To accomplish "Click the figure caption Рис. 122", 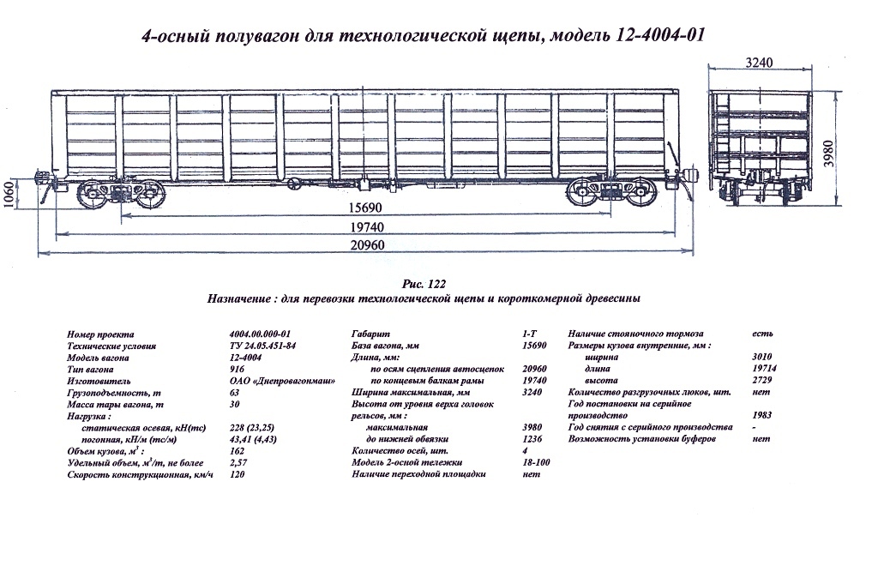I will pos(424,284).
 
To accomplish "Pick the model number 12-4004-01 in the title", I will pos(660,37).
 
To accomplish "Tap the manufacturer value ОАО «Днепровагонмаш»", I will pos(282,380).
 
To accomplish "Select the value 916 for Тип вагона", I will pos(238,368).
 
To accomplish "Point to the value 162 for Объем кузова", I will pos(238,450).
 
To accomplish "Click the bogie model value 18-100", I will pos(536,462).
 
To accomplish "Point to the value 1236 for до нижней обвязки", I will pos(532,438).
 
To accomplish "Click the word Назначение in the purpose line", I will pos(238,299).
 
